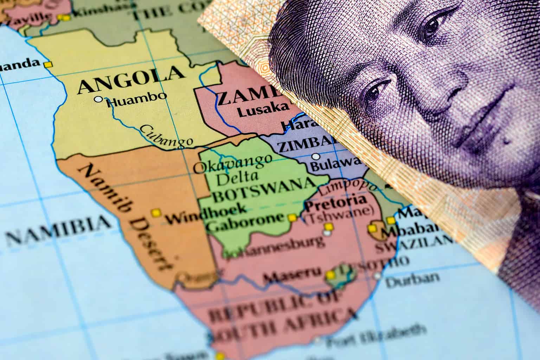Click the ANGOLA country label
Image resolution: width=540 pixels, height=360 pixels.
pyautogui.click(x=131, y=79)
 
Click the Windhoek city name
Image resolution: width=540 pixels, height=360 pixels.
pyautogui.click(x=206, y=215)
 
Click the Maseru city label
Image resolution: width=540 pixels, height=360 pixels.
pyautogui.click(x=292, y=273)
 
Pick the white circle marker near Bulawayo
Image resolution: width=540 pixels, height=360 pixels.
pyautogui.click(x=316, y=156)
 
